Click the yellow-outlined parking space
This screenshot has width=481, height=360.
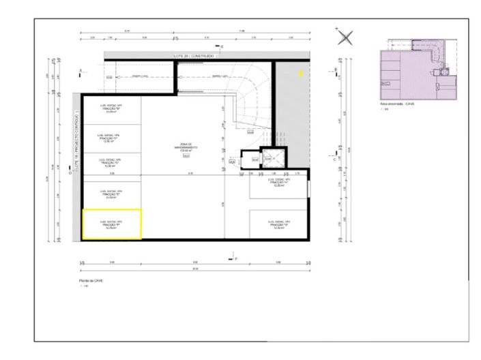112,224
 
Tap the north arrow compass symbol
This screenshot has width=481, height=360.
346,37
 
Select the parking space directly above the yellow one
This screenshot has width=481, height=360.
112,194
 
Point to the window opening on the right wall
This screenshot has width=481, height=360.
308,187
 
